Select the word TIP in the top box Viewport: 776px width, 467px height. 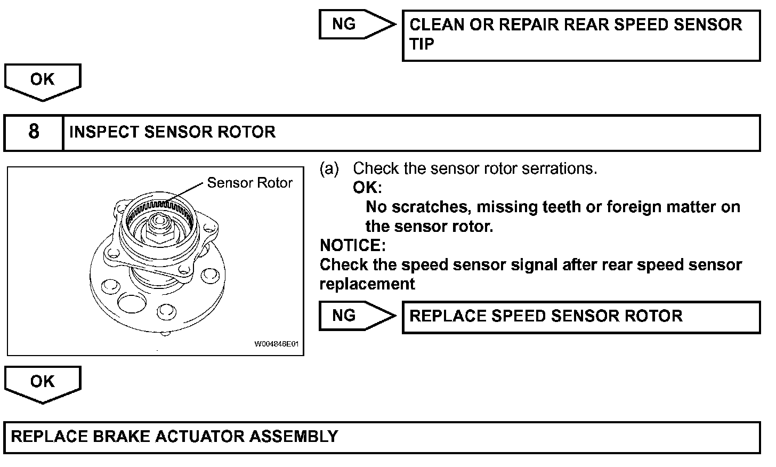(x=422, y=44)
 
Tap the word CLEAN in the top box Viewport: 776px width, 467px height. (x=436, y=25)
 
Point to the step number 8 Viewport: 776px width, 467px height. (x=34, y=132)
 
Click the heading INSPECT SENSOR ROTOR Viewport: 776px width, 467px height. (x=172, y=132)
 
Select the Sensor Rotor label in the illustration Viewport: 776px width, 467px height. (x=249, y=183)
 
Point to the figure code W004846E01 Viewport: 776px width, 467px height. (x=276, y=344)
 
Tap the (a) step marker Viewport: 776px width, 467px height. (x=329, y=168)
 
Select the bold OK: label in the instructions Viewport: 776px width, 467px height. (x=367, y=188)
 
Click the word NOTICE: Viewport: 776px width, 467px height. (x=352, y=245)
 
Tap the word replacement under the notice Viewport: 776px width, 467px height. (x=367, y=284)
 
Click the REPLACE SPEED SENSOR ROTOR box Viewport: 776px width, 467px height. (x=580, y=317)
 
